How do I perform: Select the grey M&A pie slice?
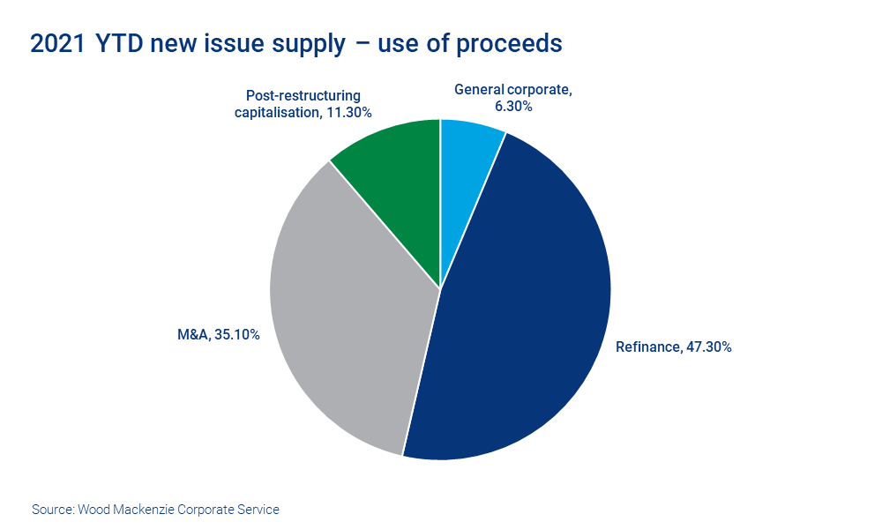pos(344,317)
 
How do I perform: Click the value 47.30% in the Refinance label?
pos(708,346)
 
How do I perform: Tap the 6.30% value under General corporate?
pos(513,106)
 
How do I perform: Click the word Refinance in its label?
pos(648,346)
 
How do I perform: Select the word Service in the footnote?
pos(258,510)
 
